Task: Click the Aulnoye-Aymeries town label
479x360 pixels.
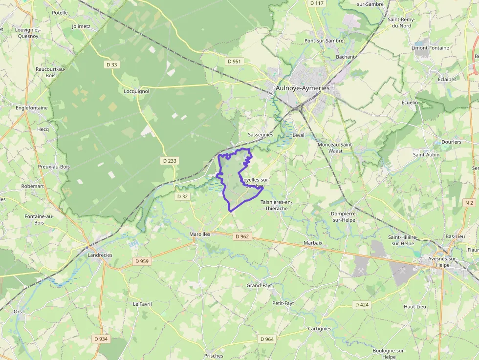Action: (303, 88)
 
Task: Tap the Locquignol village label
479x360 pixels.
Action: (136, 91)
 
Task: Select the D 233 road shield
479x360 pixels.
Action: (169, 160)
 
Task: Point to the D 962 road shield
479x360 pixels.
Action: (242, 236)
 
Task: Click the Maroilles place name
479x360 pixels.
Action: (199, 234)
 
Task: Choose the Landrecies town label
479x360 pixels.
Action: (100, 255)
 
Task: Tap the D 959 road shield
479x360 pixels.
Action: (142, 261)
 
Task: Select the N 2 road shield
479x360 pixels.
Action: (470, 202)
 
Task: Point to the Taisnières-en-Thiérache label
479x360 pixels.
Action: (277, 205)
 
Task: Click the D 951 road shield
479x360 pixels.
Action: (234, 62)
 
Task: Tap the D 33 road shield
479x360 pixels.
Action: (111, 64)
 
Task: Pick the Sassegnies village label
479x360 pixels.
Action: (261, 134)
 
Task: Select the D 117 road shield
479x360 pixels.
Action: (317, 3)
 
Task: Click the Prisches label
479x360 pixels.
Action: (214, 356)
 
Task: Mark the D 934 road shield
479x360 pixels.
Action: (101, 339)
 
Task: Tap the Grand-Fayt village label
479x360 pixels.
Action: (260, 285)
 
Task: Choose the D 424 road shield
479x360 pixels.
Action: (362, 305)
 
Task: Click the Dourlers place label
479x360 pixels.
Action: (451, 142)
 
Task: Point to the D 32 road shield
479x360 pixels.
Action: (182, 196)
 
